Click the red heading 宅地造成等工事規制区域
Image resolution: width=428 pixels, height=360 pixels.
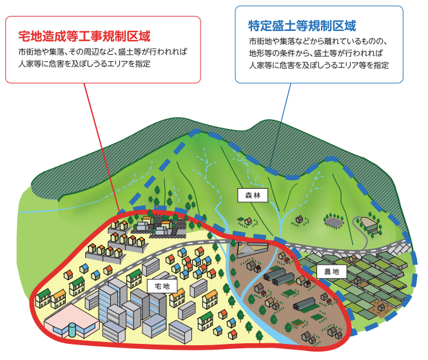[84, 36]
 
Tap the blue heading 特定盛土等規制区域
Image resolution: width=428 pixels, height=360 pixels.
[302, 26]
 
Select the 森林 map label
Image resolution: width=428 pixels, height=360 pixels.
[253, 195]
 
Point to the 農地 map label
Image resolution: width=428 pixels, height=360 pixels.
[332, 272]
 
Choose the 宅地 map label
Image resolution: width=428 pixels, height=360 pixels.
[162, 286]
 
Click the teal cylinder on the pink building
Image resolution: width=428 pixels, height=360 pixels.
[72, 330]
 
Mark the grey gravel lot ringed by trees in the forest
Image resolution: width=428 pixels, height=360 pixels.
[333, 222]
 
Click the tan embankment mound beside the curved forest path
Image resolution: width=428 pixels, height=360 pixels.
[369, 223]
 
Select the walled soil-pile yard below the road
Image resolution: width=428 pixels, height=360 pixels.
[252, 249]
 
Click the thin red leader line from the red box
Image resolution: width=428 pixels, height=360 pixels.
[102, 147]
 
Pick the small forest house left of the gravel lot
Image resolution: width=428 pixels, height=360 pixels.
[300, 219]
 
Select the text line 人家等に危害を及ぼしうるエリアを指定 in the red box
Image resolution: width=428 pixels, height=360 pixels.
[84, 64]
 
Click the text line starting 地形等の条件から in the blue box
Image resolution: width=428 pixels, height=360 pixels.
[316, 53]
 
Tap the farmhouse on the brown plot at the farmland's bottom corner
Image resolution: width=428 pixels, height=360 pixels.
[381, 307]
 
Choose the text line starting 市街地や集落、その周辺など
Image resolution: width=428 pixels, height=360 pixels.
[103, 52]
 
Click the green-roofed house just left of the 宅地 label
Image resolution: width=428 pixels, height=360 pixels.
[134, 278]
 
